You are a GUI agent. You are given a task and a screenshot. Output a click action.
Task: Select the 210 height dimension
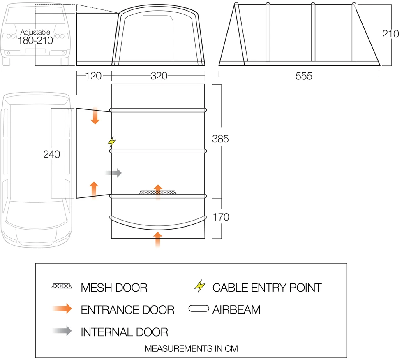[390, 34]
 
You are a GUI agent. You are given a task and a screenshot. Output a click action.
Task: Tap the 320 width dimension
[159, 76]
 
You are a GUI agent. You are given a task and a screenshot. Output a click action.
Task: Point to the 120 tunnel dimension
[94, 76]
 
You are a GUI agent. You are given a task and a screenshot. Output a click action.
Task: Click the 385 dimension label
[220, 139]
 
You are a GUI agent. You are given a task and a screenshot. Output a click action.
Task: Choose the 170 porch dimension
[221, 217]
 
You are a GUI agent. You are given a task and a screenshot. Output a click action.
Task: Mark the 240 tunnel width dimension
[52, 154]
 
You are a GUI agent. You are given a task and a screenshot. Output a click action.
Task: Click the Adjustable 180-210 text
[35, 37]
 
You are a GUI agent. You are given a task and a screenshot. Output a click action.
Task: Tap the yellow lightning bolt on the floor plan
[111, 142]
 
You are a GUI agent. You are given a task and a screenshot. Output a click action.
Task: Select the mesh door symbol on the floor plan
[158, 192]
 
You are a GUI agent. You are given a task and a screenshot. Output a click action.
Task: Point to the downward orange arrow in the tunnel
[95, 116]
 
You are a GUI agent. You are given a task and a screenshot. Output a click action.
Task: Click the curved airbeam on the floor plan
[158, 222]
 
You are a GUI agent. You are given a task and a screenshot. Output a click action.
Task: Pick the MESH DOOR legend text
[114, 288]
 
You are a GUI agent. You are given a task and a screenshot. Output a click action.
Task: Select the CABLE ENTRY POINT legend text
[267, 288]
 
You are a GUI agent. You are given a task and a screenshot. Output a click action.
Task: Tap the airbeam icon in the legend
[199, 309]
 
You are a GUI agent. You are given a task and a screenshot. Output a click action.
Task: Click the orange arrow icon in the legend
[62, 309]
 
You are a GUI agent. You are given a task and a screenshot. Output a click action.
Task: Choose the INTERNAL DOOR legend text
[124, 332]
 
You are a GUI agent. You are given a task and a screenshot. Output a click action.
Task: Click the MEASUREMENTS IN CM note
[191, 348]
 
